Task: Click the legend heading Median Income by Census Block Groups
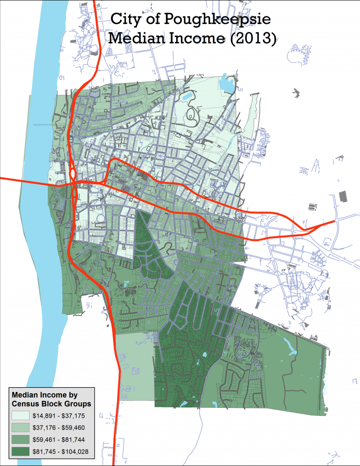[x=51, y=398]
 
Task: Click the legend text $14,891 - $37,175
[x=58, y=415]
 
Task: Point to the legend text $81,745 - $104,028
[x=60, y=452]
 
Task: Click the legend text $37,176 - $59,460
[x=58, y=428]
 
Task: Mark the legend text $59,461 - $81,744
[x=58, y=440]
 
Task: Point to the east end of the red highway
[x=334, y=221]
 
